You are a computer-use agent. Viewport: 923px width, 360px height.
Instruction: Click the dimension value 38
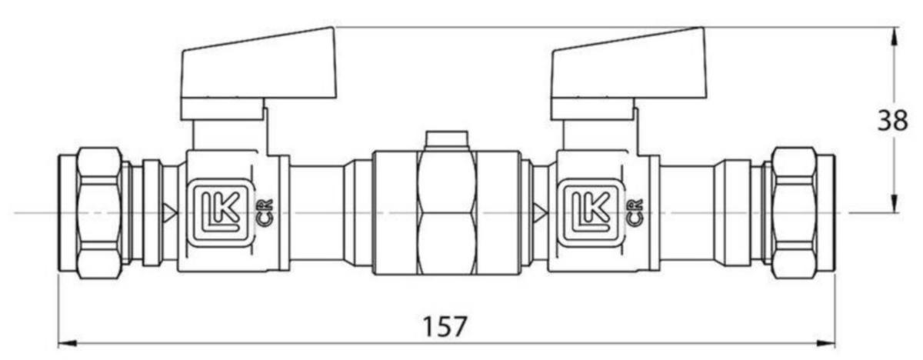click(893, 121)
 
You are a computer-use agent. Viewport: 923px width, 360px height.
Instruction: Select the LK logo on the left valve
click(221, 212)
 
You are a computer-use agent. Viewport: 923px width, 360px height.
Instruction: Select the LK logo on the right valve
click(591, 212)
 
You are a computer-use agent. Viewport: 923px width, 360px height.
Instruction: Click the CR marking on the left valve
click(265, 212)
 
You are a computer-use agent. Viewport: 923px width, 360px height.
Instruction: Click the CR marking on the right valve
click(635, 212)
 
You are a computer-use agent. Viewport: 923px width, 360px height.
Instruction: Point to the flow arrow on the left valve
click(169, 212)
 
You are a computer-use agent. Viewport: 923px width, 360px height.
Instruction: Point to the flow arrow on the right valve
click(540, 212)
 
